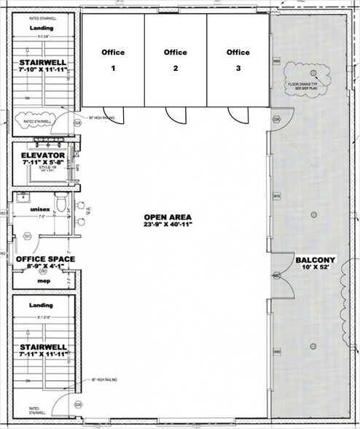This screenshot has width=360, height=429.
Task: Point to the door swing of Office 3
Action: pos(235,115)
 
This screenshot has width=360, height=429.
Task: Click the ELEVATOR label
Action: pos(44,156)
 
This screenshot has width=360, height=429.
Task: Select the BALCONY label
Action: pos(315,260)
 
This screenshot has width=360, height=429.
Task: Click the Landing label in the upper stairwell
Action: pos(42,28)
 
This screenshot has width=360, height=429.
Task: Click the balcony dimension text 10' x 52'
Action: pos(315,270)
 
